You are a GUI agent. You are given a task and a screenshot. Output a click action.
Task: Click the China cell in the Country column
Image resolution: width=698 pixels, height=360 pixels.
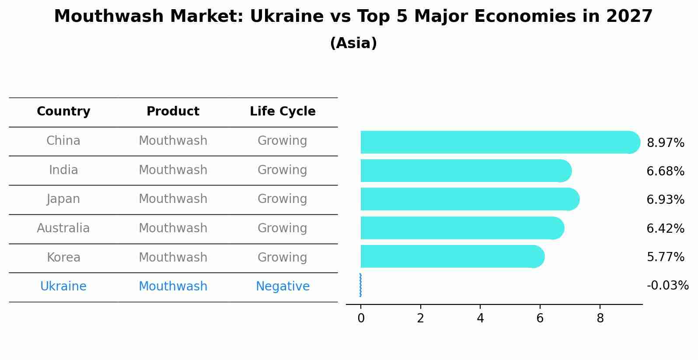(x=63, y=141)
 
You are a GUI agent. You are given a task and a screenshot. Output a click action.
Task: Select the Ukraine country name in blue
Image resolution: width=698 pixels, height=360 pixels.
(x=63, y=287)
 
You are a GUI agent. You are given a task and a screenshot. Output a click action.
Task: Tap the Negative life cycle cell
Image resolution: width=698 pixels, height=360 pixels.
(x=283, y=287)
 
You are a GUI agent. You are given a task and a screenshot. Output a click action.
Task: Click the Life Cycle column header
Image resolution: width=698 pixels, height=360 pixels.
(x=283, y=112)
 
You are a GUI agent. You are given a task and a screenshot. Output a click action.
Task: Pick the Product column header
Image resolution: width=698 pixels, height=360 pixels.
(x=173, y=112)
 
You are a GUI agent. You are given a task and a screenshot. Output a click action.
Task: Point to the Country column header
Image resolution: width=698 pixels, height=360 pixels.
(x=63, y=112)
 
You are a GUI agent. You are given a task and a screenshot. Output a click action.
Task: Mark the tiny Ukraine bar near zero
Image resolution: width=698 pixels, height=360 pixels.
(x=360, y=285)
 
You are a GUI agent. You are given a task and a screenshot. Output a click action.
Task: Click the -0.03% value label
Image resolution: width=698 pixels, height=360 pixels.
(x=667, y=286)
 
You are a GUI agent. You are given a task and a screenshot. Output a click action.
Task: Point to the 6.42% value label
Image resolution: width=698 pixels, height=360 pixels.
(x=665, y=228)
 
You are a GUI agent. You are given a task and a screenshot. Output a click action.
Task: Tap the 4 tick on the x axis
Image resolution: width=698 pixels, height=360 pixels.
(x=480, y=318)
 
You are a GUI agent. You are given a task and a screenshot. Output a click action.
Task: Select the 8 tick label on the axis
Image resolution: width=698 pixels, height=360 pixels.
(x=600, y=318)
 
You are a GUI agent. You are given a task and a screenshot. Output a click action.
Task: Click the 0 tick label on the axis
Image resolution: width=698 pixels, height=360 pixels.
(x=361, y=318)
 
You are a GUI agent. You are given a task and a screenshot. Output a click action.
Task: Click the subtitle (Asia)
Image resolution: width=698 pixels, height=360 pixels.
(x=353, y=43)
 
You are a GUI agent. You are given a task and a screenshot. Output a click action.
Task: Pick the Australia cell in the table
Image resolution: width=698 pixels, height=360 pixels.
(x=63, y=228)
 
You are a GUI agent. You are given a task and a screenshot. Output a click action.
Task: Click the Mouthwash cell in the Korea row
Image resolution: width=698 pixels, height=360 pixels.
(x=173, y=258)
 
